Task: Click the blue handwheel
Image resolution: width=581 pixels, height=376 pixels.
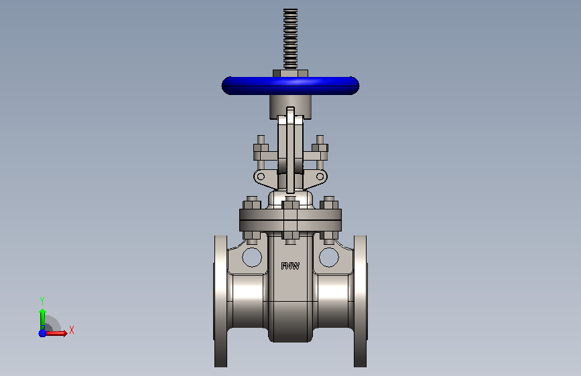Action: click(290, 86)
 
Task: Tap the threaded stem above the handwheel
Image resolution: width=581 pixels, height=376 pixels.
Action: click(291, 39)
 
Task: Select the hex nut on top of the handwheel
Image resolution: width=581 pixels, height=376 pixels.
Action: click(291, 74)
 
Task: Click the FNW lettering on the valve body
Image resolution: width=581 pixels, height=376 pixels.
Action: click(290, 266)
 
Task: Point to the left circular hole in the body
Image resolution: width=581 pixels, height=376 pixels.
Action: click(252, 257)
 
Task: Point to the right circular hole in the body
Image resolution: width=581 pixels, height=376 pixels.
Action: click(328, 257)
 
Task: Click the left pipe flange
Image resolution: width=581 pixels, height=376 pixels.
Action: click(220, 301)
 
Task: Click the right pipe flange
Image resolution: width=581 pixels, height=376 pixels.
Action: click(360, 301)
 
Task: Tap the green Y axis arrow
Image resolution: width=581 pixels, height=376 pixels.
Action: click(43, 320)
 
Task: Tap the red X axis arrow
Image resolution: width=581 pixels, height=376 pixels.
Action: click(56, 333)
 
